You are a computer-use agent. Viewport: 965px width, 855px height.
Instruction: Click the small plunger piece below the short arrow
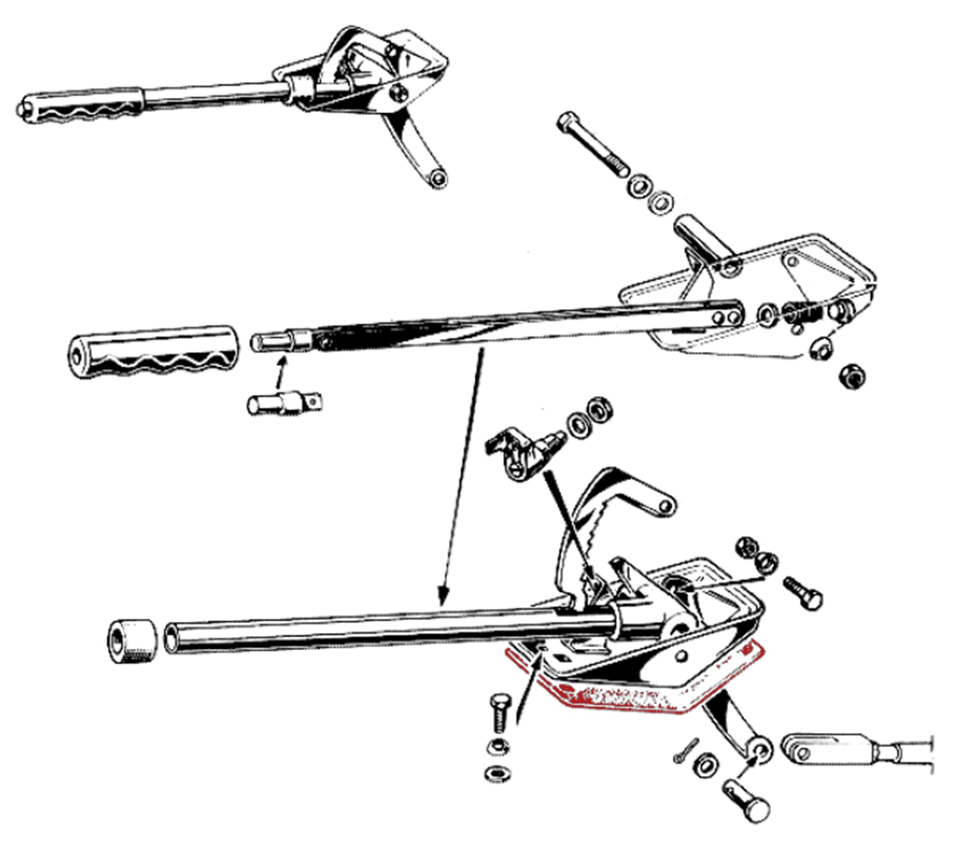[284, 404]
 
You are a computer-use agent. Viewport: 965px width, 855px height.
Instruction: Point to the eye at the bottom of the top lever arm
[437, 178]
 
